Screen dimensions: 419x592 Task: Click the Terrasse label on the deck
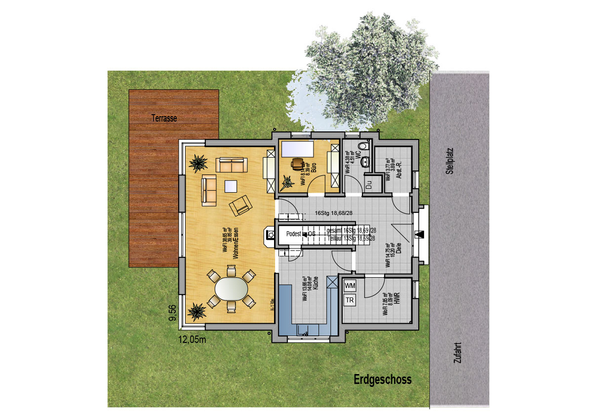pyautogui.click(x=164, y=119)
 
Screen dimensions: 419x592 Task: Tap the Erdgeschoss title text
pyautogui.click(x=382, y=380)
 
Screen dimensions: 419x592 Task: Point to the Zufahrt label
pyautogui.click(x=456, y=354)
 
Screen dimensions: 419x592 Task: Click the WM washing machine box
pyautogui.click(x=350, y=286)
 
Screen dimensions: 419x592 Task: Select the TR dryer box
pyautogui.click(x=350, y=300)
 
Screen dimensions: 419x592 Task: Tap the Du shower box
pyautogui.click(x=368, y=185)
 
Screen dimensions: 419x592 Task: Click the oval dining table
pyautogui.click(x=231, y=289)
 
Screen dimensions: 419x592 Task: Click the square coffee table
pyautogui.click(x=231, y=186)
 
